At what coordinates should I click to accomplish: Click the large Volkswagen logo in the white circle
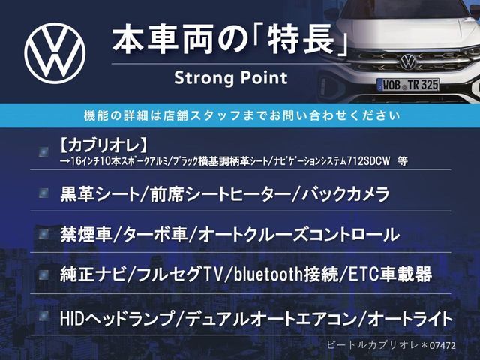pyautogui.click(x=55, y=53)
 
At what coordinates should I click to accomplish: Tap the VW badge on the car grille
pyautogui.click(x=408, y=61)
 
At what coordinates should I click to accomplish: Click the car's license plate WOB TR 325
pyautogui.click(x=408, y=85)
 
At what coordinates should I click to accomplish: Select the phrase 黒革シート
pyautogui.click(x=100, y=194)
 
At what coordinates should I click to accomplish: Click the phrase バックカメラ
pyautogui.click(x=346, y=194)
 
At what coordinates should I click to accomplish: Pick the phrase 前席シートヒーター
pyautogui.click(x=220, y=194)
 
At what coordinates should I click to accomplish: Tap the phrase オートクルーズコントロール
pyautogui.click(x=298, y=235)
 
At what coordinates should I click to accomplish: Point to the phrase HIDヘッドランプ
pyautogui.click(x=117, y=318)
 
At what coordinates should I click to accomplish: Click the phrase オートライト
pyautogui.click(x=410, y=318)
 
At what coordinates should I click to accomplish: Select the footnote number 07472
pyautogui.click(x=442, y=346)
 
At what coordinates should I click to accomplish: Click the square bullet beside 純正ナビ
pyautogui.click(x=43, y=275)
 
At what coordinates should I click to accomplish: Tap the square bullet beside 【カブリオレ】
pyautogui.click(x=43, y=152)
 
